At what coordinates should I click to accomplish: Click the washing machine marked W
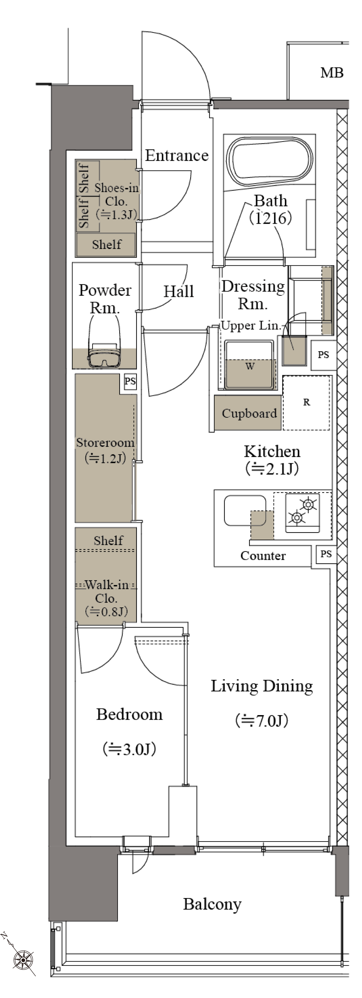(x=250, y=364)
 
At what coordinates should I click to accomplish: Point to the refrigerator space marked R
(x=307, y=403)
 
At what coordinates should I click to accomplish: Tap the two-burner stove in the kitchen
(x=302, y=512)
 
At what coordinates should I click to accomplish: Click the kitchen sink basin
(x=245, y=511)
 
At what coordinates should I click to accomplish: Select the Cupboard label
(x=249, y=413)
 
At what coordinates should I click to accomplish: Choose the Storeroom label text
(x=105, y=443)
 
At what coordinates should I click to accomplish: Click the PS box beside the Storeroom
(x=130, y=381)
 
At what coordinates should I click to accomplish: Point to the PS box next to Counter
(x=326, y=554)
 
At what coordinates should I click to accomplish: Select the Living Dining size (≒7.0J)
(x=262, y=721)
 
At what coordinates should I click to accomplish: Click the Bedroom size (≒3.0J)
(x=129, y=749)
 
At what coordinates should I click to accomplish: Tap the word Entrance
(x=177, y=155)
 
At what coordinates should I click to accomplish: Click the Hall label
(x=178, y=291)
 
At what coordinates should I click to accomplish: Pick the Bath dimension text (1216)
(x=270, y=218)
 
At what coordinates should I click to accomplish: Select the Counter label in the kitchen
(x=263, y=555)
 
